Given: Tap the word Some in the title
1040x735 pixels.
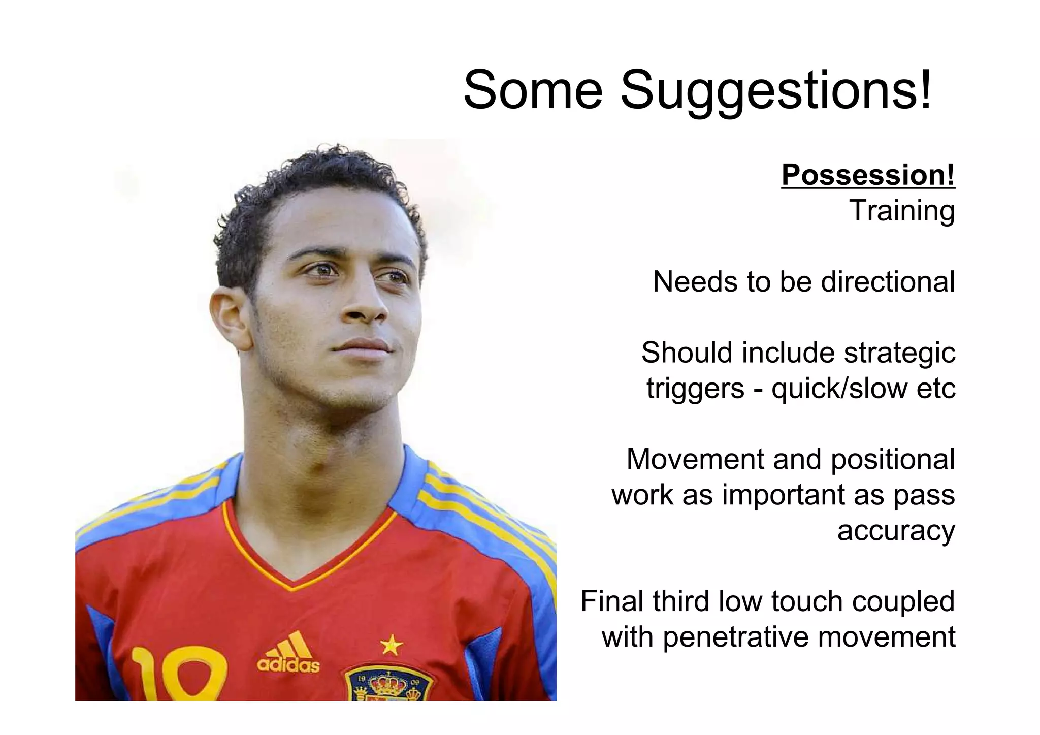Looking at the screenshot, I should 533,90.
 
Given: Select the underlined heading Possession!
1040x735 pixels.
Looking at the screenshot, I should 868,175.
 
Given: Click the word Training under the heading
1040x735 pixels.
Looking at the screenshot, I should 902,211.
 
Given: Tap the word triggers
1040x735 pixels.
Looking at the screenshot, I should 695,389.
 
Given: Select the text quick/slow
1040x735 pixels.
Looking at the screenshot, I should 839,389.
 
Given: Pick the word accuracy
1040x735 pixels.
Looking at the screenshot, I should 896,531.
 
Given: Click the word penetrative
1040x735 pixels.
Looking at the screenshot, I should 736,637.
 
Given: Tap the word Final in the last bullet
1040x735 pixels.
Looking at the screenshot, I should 612,601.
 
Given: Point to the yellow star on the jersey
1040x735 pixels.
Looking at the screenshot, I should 391,645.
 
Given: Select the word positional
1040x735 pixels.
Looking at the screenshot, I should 893,459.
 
